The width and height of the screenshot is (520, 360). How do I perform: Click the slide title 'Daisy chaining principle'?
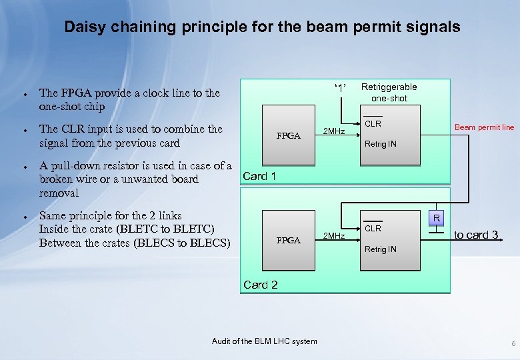click(262, 27)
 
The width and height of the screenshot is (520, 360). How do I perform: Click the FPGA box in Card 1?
click(288, 135)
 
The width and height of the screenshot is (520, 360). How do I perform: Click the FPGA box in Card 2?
click(288, 240)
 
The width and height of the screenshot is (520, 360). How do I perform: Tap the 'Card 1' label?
click(260, 176)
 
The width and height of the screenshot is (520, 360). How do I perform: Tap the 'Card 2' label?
click(260, 285)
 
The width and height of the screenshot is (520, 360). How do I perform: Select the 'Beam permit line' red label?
click(484, 127)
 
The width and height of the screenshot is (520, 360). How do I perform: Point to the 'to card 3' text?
click(476, 235)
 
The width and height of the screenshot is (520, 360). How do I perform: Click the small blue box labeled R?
click(436, 218)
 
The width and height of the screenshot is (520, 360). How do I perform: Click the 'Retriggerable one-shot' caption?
click(389, 93)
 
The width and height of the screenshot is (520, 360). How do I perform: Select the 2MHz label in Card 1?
click(333, 131)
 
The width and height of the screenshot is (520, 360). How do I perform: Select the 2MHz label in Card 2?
click(333, 236)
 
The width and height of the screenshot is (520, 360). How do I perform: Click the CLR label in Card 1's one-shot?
click(373, 124)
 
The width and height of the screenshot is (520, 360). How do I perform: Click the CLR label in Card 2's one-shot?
click(373, 229)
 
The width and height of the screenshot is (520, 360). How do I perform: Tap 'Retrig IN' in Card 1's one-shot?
click(380, 143)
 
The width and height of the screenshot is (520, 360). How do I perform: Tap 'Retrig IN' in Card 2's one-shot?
click(380, 249)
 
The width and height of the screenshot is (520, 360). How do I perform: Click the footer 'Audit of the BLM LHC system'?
click(265, 341)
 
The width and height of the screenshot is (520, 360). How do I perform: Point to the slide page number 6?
click(513, 343)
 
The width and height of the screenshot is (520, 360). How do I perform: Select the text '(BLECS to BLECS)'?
click(182, 243)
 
